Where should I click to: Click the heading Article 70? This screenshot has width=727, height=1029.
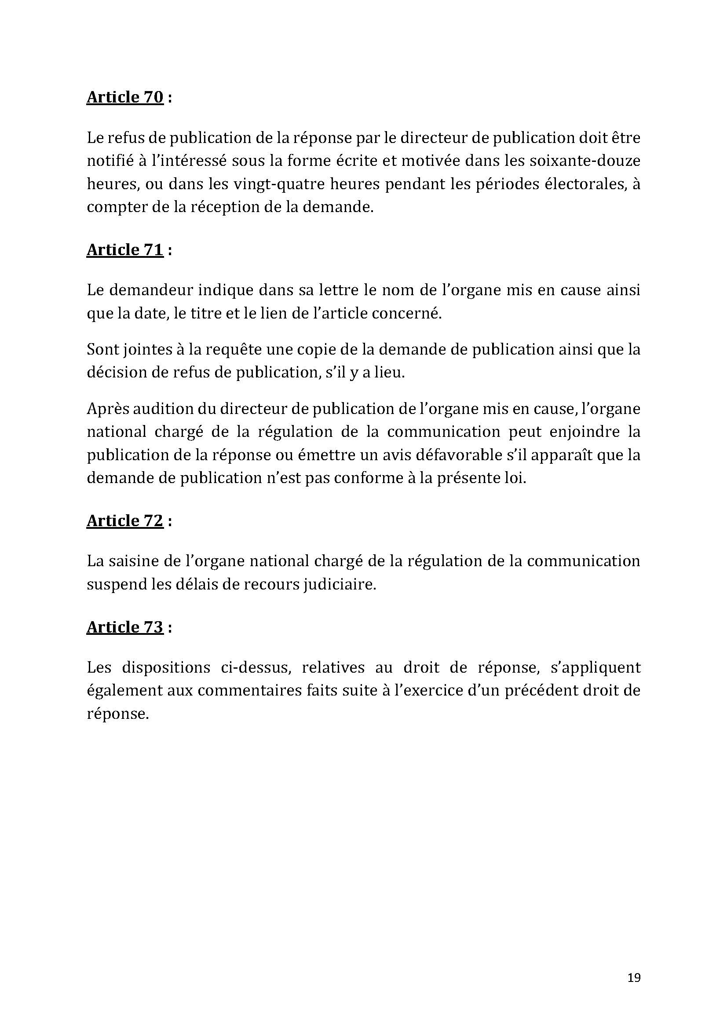[125, 97]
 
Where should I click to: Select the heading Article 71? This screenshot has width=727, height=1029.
[125, 249]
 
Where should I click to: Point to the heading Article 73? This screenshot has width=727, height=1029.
[125, 627]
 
